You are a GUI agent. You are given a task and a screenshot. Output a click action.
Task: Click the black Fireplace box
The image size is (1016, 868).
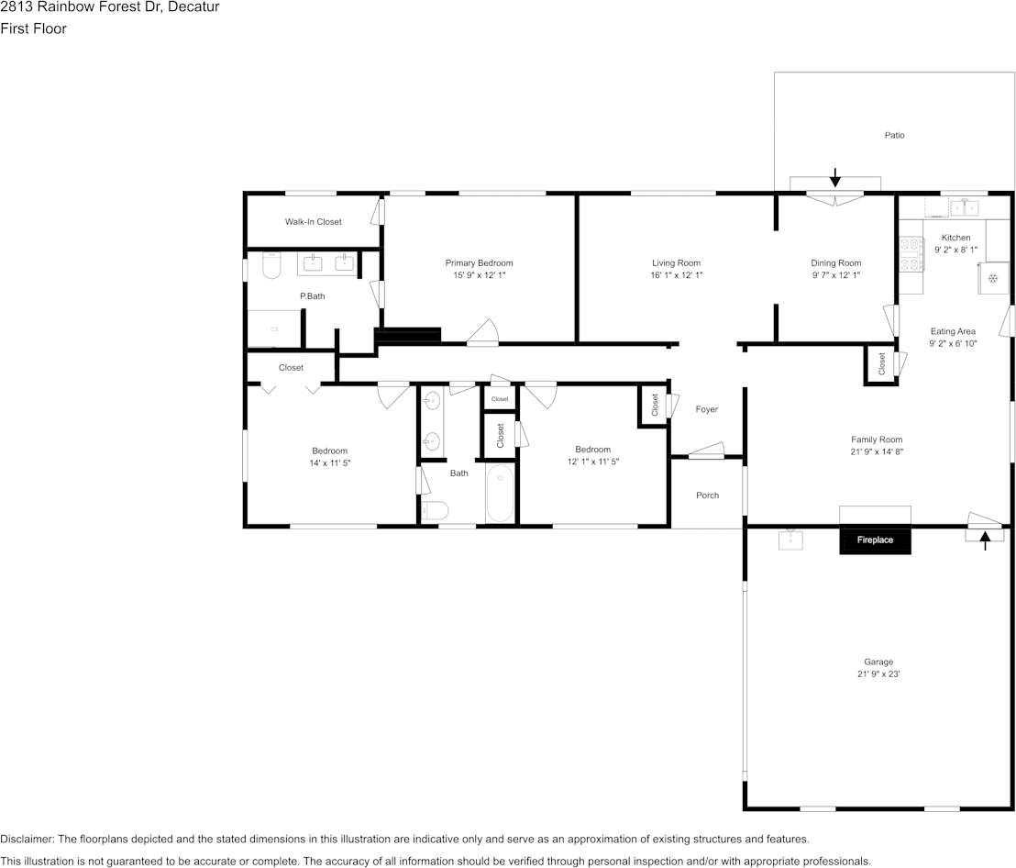(876, 540)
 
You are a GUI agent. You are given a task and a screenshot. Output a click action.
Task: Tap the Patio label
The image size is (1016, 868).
(894, 135)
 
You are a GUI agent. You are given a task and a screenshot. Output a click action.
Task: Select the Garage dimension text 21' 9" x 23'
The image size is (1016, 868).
(878, 674)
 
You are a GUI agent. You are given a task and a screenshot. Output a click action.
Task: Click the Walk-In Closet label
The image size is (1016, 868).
(313, 222)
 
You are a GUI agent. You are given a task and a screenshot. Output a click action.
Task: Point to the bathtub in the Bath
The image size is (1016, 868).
(501, 494)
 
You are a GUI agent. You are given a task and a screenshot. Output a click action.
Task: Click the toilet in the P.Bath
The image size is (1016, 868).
(271, 266)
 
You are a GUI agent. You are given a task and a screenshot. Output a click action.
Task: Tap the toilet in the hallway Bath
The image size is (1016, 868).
(434, 511)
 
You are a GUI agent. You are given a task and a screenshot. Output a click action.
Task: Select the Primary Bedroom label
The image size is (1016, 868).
(479, 263)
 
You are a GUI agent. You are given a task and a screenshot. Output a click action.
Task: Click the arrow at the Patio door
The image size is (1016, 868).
(835, 178)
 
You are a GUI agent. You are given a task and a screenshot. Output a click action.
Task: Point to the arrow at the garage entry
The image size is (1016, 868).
(985, 540)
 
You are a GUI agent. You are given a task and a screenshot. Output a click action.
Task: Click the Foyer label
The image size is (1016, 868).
(706, 410)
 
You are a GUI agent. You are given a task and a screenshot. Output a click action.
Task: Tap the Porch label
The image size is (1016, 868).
(708, 495)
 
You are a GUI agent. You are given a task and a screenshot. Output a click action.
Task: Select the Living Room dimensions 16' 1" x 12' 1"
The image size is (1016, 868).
(677, 275)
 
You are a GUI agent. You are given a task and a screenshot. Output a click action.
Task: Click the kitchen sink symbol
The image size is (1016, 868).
(965, 207)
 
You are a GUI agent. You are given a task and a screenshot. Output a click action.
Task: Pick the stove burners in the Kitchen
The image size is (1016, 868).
(911, 254)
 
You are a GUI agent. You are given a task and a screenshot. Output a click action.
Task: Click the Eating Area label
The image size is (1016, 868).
(953, 331)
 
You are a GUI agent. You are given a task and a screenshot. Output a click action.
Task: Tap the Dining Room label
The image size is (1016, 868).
(836, 263)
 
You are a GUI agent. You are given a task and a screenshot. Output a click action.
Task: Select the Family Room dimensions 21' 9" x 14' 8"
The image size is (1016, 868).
(877, 451)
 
